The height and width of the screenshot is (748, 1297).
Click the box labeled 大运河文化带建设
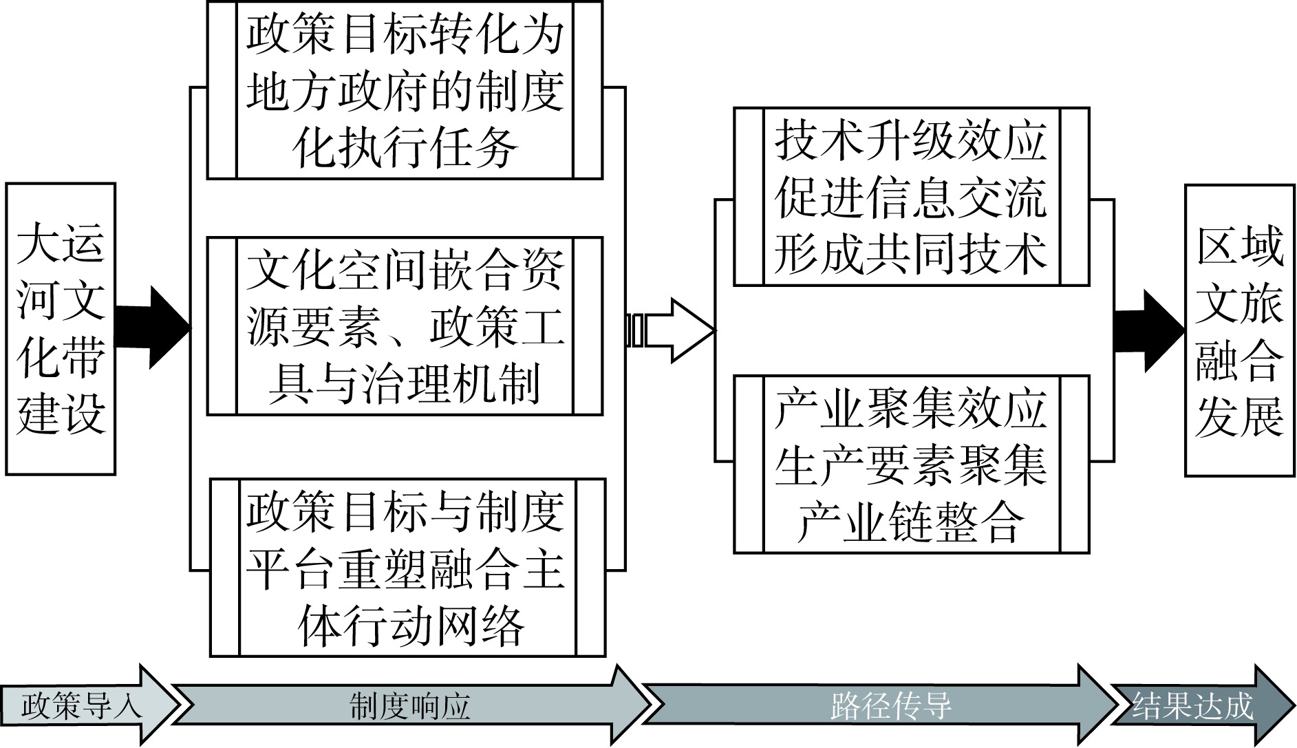60,329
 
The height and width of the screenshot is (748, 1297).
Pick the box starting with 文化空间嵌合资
405,326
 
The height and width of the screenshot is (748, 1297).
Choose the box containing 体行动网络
407,567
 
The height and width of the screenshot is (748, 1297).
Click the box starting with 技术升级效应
911,197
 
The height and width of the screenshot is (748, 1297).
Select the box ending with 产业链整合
911,464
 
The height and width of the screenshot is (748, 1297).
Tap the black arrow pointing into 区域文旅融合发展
1148,330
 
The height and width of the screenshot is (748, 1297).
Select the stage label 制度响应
410,706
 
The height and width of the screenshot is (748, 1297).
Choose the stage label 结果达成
1193,706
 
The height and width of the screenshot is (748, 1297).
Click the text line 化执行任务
405,147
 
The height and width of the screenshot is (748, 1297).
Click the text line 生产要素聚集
911,465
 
